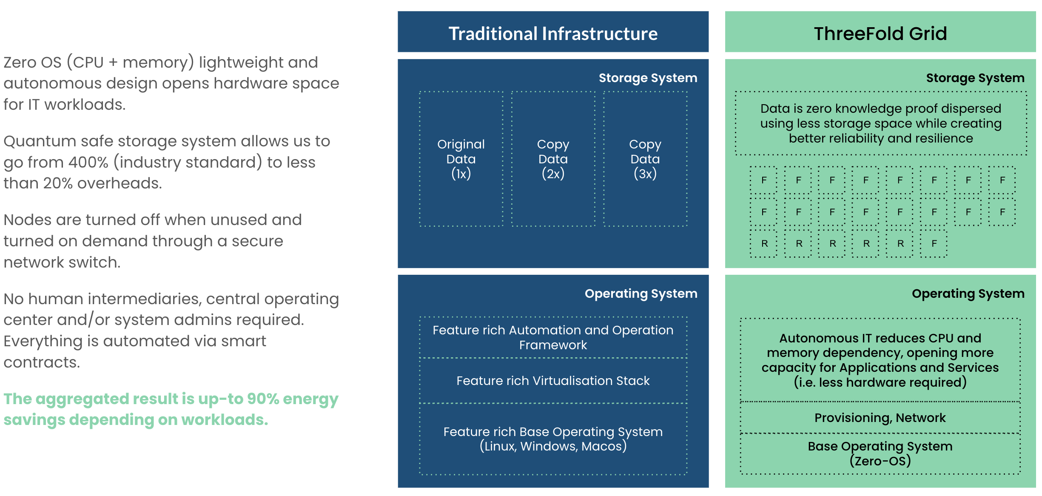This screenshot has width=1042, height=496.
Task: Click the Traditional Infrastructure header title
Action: click(x=553, y=34)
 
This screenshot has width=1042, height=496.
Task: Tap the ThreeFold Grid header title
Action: click(x=880, y=34)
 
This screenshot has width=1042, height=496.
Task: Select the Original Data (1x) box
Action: click(x=461, y=159)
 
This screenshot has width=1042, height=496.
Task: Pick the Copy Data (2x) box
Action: click(x=553, y=159)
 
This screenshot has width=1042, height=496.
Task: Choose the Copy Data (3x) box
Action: click(x=645, y=159)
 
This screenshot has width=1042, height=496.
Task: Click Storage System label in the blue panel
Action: click(x=648, y=78)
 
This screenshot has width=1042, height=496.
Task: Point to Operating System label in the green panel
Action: click(x=968, y=294)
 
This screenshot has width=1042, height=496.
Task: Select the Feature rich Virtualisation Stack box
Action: click(x=553, y=381)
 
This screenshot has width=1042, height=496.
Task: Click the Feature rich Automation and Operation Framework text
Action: click(x=553, y=337)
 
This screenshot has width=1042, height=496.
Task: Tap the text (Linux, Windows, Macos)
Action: click(x=553, y=446)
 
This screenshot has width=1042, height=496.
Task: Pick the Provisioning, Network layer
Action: click(x=880, y=418)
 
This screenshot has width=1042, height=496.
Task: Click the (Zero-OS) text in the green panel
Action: click(x=880, y=461)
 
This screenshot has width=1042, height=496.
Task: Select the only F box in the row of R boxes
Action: click(x=934, y=244)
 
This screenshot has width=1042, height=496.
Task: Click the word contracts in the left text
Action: click(x=42, y=362)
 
